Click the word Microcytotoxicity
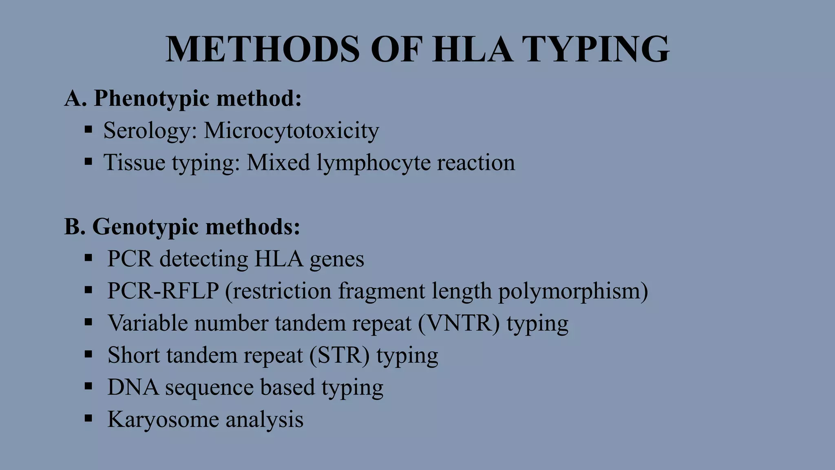coord(292,131)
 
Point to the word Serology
coord(150,131)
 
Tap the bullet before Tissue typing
coord(88,162)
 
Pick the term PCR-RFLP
coord(163,291)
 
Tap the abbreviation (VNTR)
coord(459,324)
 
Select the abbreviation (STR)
coord(339,355)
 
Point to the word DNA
coord(133,387)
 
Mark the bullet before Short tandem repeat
coord(88,354)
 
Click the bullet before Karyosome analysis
coord(88,418)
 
